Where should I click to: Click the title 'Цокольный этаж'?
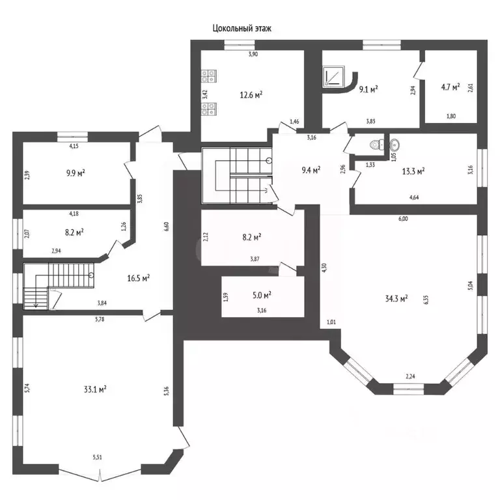[242, 29]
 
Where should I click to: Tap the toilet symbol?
[378, 145]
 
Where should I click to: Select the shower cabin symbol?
[333, 76]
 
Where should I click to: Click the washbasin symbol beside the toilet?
[394, 145]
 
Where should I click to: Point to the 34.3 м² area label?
[396, 299]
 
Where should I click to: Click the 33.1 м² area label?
[95, 389]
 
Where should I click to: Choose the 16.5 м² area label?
[139, 278]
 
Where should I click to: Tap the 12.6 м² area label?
[251, 94]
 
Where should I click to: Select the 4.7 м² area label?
[451, 87]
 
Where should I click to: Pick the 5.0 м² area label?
[262, 296]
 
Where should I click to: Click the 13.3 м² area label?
[413, 171]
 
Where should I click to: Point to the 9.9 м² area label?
[76, 173]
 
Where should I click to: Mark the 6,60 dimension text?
[166, 227]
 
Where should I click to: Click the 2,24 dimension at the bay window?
[410, 376]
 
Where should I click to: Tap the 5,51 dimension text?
[98, 457]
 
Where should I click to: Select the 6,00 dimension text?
[403, 219]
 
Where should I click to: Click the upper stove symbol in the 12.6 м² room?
[209, 76]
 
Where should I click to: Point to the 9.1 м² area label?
[368, 89]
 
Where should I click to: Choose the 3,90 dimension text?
[253, 54]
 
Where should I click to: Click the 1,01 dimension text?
[331, 322]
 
